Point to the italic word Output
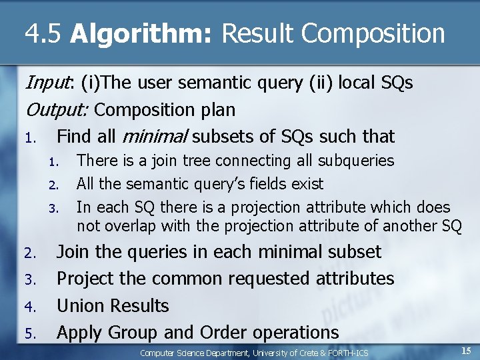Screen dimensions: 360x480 60,109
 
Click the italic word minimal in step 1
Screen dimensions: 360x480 155,137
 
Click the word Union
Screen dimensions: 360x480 81,306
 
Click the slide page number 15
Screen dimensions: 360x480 466,350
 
